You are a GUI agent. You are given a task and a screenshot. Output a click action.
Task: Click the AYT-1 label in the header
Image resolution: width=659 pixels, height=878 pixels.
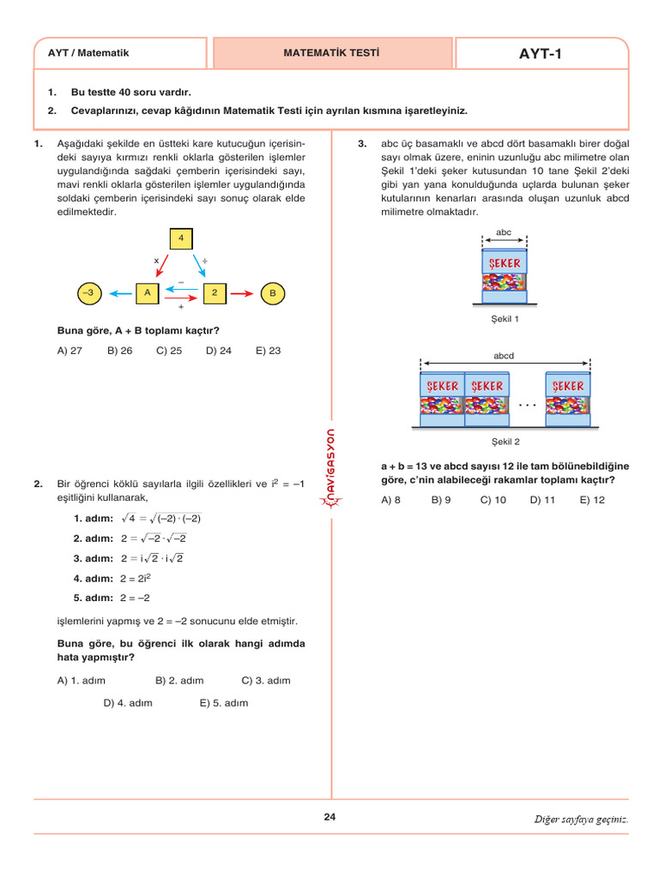coord(541,53)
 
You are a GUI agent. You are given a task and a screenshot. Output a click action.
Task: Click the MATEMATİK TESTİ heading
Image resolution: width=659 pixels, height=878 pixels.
coord(331,53)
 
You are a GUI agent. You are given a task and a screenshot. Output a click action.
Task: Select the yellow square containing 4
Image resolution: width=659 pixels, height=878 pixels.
coord(181,238)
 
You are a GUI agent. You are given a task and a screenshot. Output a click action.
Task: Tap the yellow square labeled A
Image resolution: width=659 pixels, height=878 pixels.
coord(148,293)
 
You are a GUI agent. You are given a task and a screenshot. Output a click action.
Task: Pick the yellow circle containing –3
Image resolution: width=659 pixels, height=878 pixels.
coord(88,293)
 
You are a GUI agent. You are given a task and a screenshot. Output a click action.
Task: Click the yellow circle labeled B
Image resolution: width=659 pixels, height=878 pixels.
coord(272,293)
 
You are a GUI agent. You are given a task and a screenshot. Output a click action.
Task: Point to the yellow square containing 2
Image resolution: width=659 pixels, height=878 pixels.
coord(215,293)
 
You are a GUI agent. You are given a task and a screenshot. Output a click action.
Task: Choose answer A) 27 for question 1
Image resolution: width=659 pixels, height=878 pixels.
coord(70,351)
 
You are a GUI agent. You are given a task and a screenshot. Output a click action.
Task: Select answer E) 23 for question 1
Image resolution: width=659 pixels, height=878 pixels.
coord(268,351)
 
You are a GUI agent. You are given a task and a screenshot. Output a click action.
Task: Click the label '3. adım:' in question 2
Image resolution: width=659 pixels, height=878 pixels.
coord(94,558)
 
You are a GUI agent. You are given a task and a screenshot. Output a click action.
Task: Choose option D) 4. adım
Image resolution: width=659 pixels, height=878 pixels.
coord(128,703)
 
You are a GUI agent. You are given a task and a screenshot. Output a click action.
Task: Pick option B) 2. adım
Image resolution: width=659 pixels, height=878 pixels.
coord(179,681)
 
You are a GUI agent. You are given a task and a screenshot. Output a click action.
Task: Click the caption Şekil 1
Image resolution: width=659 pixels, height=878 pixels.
coord(505,319)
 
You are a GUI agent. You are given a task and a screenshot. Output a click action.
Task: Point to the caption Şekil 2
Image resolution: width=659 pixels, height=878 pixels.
coord(505,442)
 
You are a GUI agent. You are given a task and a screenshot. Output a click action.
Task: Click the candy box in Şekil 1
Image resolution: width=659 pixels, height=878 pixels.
coord(505,274)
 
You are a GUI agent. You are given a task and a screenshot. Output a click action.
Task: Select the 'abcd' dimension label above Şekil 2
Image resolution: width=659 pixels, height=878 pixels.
coord(504,355)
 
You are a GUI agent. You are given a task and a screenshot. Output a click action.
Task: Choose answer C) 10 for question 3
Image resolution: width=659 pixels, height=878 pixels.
coord(493,500)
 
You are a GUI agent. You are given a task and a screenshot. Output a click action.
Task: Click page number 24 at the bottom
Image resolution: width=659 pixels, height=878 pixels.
coord(330,817)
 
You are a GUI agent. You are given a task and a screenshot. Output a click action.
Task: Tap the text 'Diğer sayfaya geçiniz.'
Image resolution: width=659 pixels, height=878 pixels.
coord(581,819)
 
